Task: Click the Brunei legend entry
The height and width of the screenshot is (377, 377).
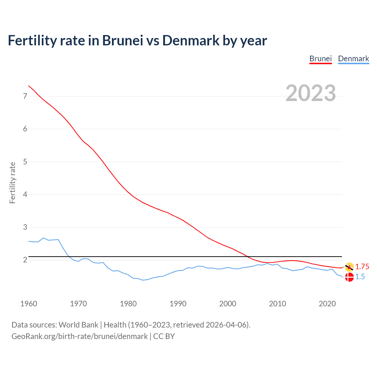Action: (x=320, y=59)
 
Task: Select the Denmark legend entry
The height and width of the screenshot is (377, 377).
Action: (x=353, y=59)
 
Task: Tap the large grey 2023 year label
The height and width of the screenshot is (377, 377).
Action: (x=311, y=93)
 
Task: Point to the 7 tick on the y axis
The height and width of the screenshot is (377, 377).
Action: (x=25, y=96)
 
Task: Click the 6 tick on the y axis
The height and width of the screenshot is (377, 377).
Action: (x=25, y=129)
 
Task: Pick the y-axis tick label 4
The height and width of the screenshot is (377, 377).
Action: (x=25, y=194)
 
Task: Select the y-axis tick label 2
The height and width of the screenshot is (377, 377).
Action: (x=25, y=260)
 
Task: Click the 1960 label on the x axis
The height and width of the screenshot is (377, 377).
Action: (x=29, y=304)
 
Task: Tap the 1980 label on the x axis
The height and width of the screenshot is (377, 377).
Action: (x=128, y=304)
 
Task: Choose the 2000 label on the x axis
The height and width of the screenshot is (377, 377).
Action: (x=228, y=304)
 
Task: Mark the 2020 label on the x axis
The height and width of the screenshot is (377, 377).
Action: (x=327, y=304)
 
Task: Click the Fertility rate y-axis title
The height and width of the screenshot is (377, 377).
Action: (x=12, y=183)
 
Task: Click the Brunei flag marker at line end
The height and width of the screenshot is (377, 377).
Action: (x=349, y=267)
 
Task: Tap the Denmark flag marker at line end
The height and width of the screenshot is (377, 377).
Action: (x=349, y=277)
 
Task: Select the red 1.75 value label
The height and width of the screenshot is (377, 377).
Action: (x=362, y=267)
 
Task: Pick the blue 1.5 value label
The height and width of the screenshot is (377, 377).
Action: (x=360, y=277)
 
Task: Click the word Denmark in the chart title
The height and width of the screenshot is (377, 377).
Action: (x=191, y=41)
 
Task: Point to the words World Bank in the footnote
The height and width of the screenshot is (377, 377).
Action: (x=78, y=325)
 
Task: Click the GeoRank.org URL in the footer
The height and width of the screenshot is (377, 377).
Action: (x=80, y=336)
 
